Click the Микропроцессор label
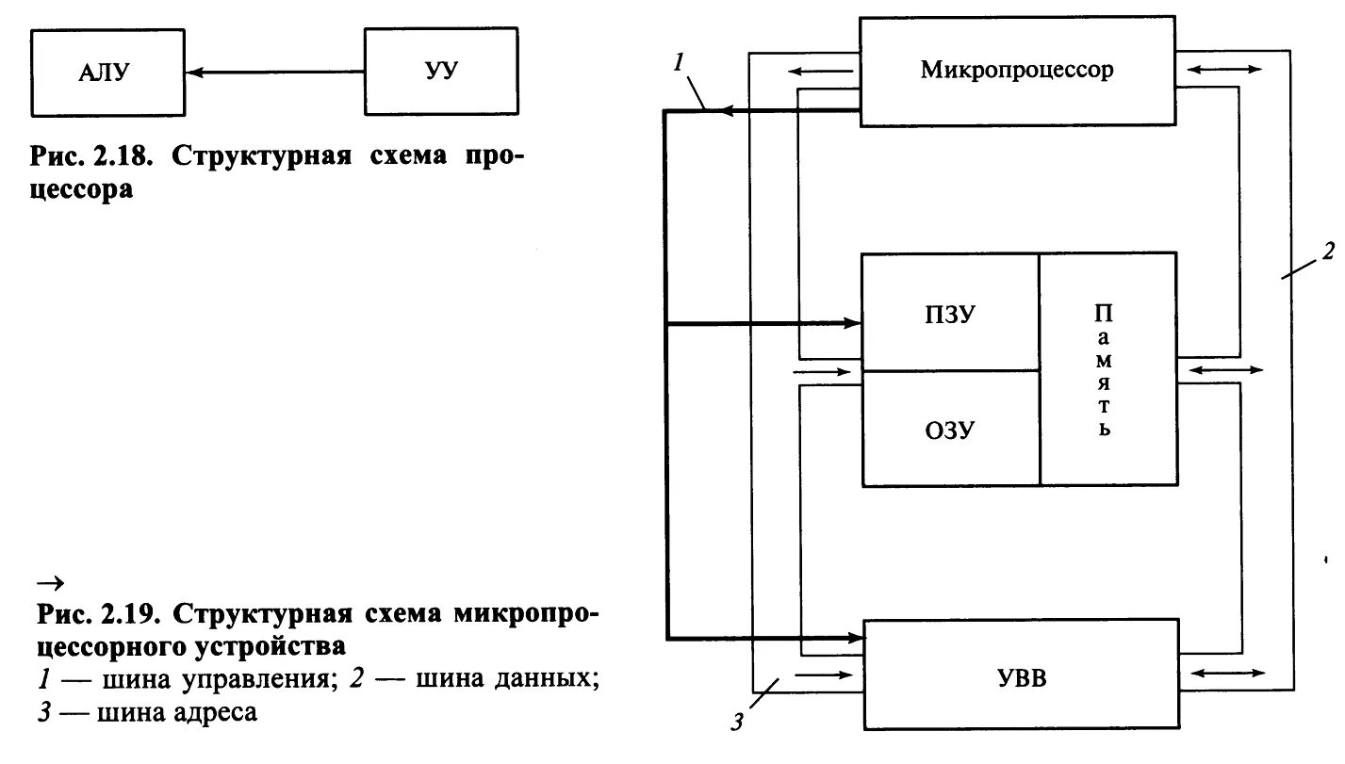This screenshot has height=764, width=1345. tap(1017, 71)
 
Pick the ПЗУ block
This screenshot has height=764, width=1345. tap(950, 315)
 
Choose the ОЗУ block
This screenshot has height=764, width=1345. tap(950, 431)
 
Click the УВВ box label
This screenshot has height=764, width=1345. tap(1022, 676)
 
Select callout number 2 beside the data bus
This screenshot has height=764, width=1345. tap(1327, 252)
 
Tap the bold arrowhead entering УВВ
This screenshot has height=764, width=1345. tap(853, 639)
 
